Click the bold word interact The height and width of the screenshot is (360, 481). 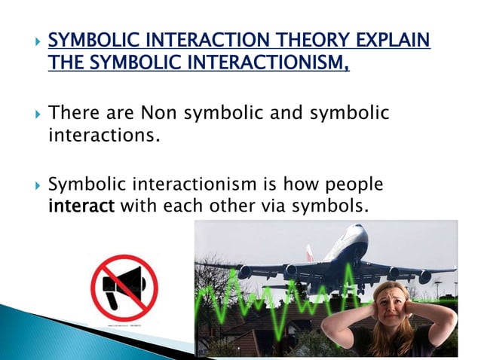[81, 206]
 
